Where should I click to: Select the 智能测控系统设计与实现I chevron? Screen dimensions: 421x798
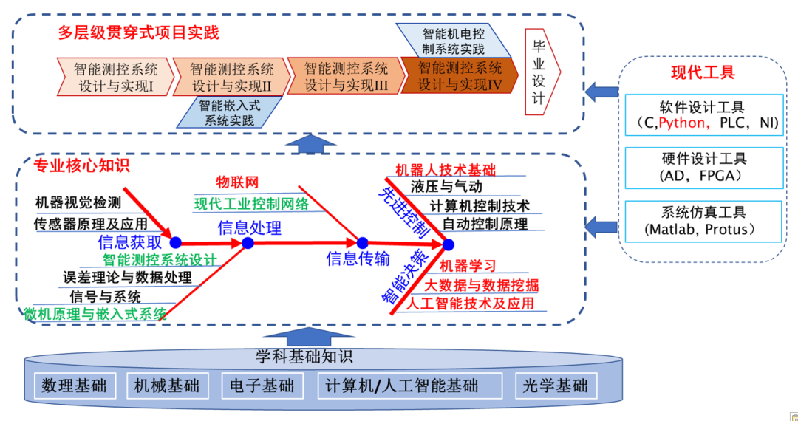pos(115,78)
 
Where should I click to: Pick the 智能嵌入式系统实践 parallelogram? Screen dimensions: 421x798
pos(228,112)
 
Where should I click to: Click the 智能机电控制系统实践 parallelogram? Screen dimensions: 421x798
pos(453,41)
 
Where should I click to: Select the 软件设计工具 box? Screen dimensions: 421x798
pos(703,114)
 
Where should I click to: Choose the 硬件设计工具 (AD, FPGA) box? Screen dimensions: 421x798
pos(703,168)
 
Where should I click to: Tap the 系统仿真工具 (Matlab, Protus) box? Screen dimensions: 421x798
pos(703,221)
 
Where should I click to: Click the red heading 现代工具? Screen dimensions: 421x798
pos(703,72)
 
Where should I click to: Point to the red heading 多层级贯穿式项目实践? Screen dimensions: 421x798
pos(138,33)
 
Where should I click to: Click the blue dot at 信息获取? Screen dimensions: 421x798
pos(175,242)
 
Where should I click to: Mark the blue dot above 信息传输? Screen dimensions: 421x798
pos(362,242)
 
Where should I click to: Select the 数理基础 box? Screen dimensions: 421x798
pos(75,386)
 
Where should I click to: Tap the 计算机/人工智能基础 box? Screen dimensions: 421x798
pos(402,386)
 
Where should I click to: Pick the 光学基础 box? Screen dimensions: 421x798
pos(555,386)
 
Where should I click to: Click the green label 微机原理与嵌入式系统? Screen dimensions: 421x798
pos(95,314)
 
